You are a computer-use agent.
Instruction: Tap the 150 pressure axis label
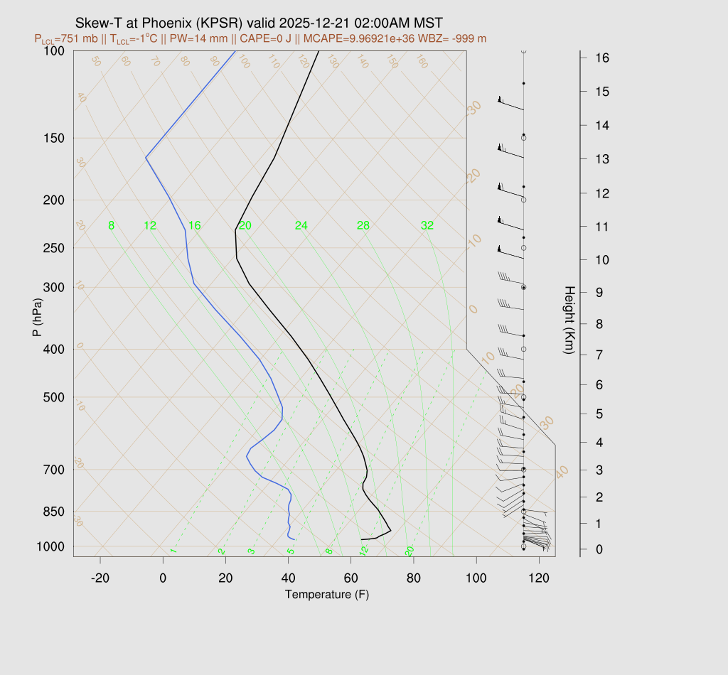click(54, 138)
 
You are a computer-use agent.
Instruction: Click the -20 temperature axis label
click(100, 578)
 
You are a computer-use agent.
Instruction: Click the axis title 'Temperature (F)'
click(327, 594)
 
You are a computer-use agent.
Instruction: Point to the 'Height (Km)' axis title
click(569, 321)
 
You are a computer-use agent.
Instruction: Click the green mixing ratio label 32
click(427, 226)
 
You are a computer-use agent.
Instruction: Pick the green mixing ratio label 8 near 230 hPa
click(111, 226)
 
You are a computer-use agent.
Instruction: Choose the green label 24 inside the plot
click(301, 226)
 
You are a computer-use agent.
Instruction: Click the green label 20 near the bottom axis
click(409, 551)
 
